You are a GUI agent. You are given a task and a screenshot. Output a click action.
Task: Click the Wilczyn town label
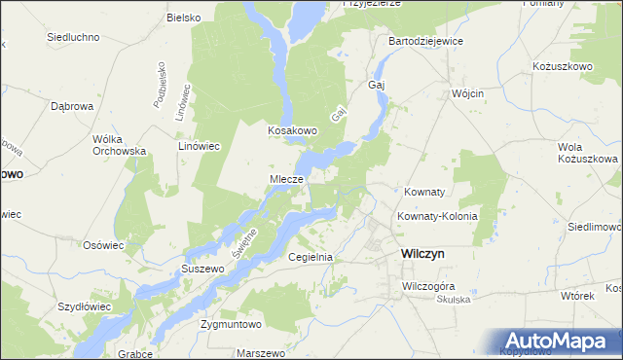click(422, 252)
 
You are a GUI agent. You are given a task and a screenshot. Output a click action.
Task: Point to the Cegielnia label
click(311, 257)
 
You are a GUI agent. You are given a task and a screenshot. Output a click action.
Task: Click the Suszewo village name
click(202, 267)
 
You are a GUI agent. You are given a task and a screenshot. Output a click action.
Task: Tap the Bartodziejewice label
click(425, 42)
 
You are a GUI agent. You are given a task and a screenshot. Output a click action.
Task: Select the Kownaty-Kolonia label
click(437, 216)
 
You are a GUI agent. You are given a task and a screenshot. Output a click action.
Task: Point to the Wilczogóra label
click(429, 287)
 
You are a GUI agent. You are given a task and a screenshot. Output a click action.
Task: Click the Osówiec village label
click(103, 245)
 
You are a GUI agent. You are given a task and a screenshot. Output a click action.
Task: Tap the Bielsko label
click(183, 18)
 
